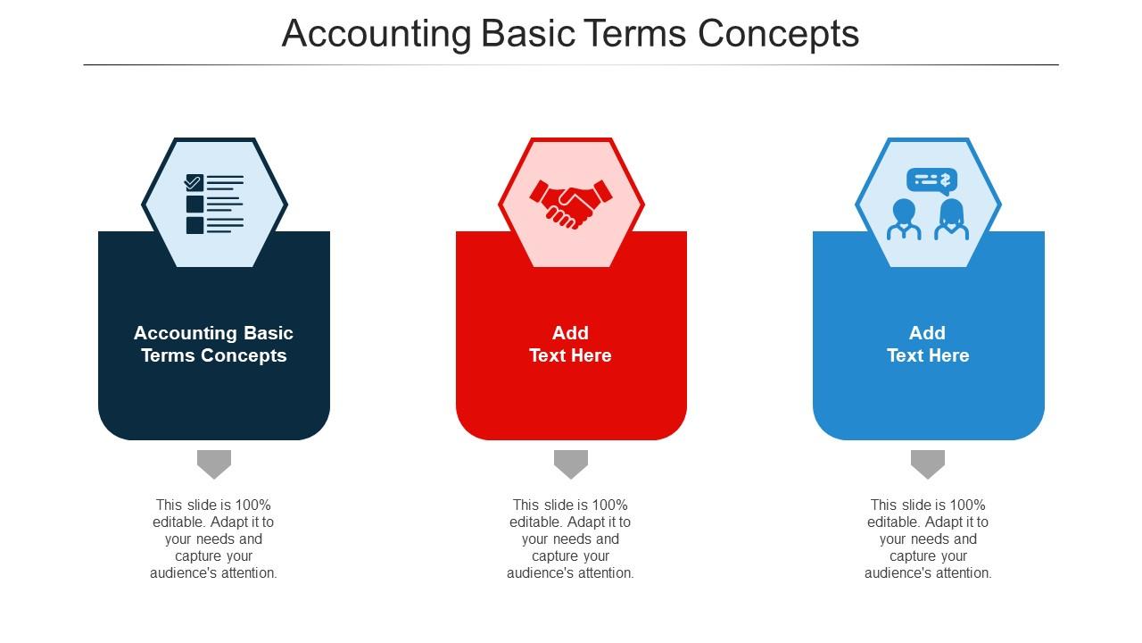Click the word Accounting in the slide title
click(377, 34)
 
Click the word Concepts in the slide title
click(778, 34)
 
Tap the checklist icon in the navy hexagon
click(215, 205)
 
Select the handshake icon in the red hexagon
click(571, 204)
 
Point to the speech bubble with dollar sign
click(932, 181)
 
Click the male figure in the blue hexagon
click(904, 220)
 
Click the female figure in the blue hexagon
click(951, 220)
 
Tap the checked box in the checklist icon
click(194, 182)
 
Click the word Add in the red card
click(570, 333)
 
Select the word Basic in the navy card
click(269, 333)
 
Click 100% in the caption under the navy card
click(253, 505)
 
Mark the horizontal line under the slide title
click(571, 65)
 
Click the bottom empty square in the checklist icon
click(194, 226)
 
